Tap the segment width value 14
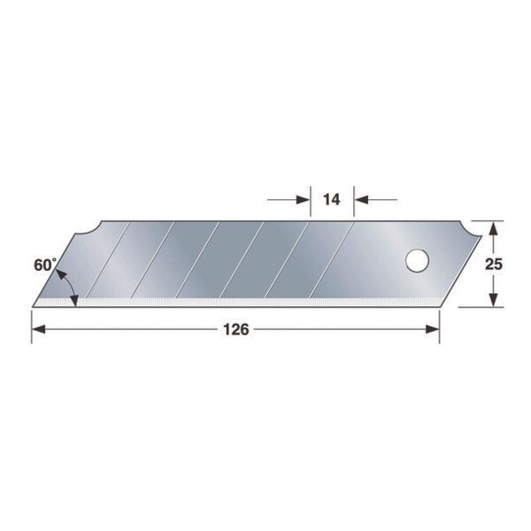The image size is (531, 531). (x=332, y=200)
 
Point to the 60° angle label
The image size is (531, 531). (x=47, y=263)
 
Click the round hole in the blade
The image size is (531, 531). (x=417, y=261)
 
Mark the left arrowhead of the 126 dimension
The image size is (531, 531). (x=38, y=329)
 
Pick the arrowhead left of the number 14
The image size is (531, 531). (x=304, y=200)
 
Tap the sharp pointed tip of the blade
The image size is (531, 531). (x=34, y=305)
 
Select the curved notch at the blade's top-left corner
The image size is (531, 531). (x=88, y=232)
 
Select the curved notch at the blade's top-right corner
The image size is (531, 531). (x=470, y=231)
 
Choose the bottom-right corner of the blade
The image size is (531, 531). (x=439, y=306)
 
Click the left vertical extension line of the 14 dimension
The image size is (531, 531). (x=310, y=200)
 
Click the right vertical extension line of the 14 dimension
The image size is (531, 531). (x=354, y=200)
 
